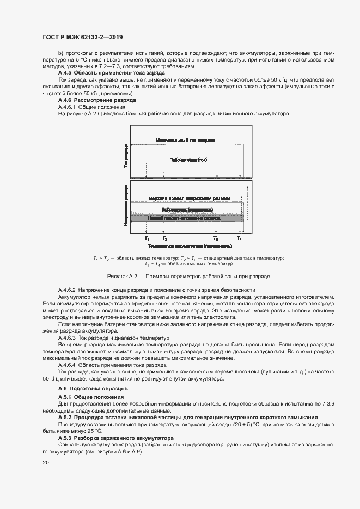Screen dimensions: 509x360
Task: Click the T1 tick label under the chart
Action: coord(147,238)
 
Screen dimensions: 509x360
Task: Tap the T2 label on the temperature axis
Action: coord(165,238)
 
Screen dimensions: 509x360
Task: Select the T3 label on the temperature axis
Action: coord(216,238)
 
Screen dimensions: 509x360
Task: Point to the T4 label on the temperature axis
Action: coord(240,238)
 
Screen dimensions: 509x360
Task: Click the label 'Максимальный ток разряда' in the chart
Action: coord(185,140)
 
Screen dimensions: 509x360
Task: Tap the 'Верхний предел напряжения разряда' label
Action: coord(190,198)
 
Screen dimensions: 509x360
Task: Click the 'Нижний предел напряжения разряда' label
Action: coord(187,218)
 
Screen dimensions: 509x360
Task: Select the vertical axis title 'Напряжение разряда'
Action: coord(126,207)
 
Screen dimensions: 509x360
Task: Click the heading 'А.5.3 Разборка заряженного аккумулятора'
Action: coord(115,438)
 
